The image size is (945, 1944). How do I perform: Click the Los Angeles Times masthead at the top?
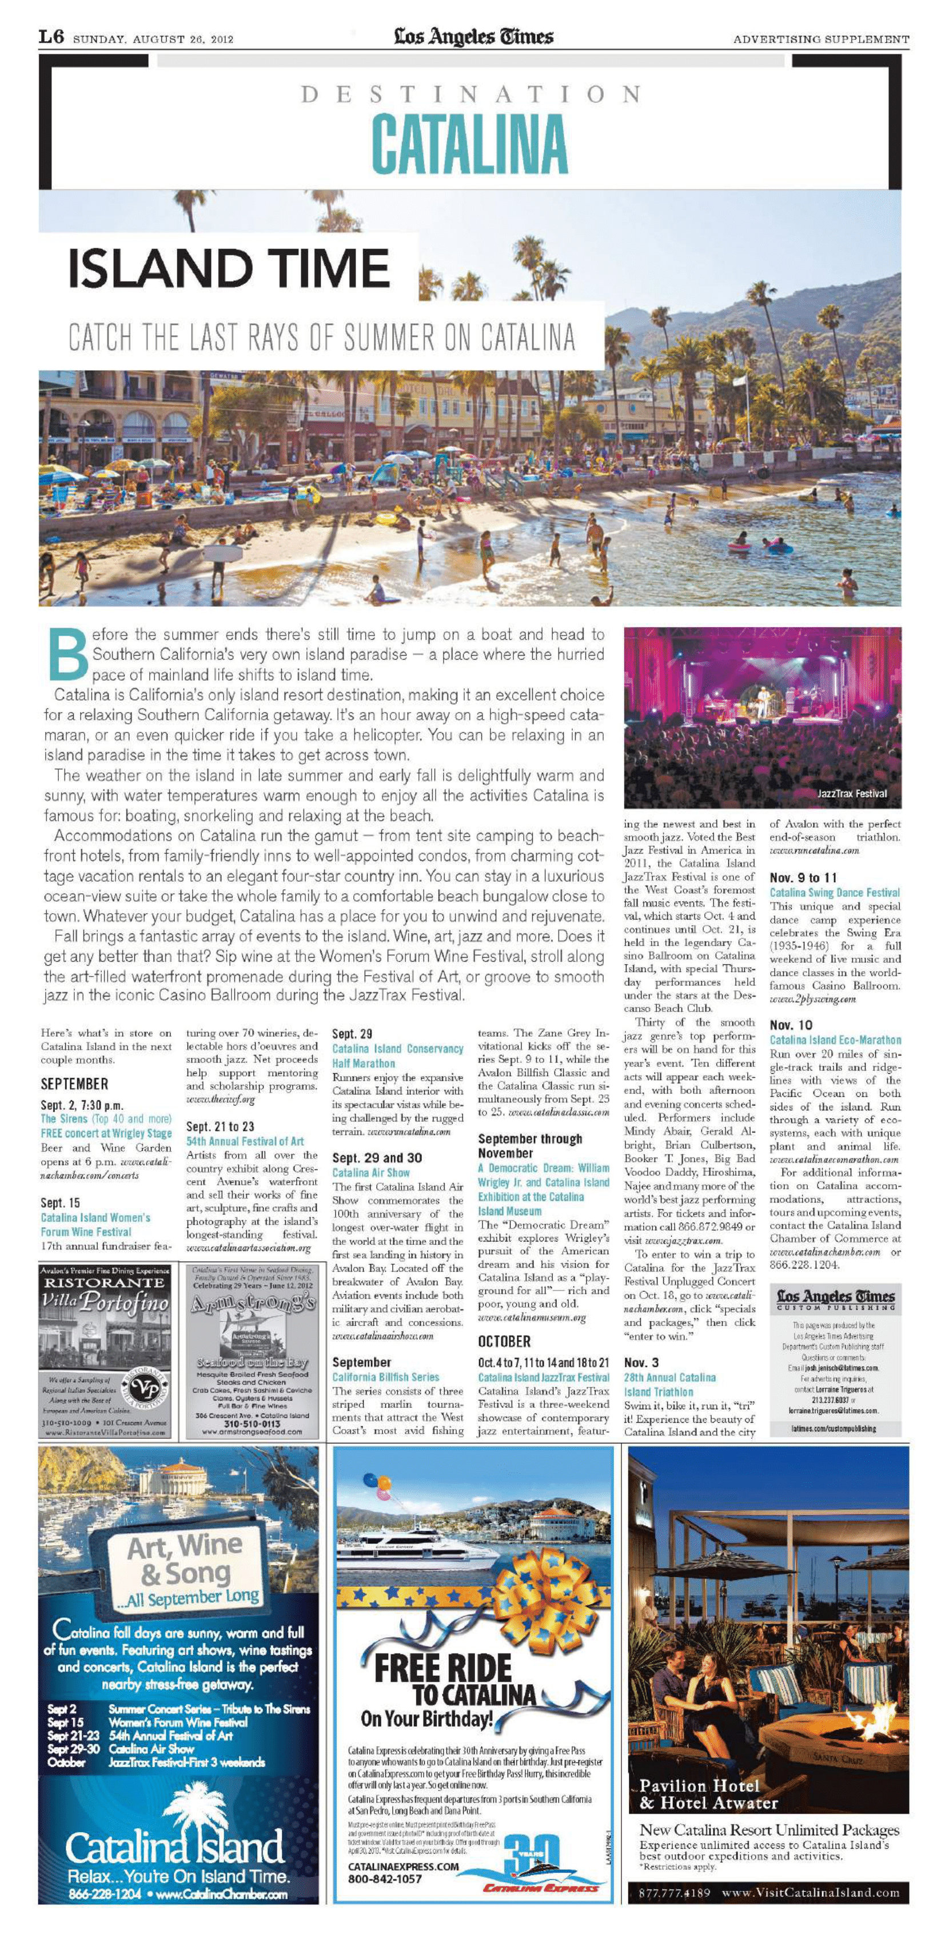point(473,37)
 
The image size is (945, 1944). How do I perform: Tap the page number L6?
point(51,38)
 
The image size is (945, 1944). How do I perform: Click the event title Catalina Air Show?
point(371,1173)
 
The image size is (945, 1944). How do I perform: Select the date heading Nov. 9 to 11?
point(803,878)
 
